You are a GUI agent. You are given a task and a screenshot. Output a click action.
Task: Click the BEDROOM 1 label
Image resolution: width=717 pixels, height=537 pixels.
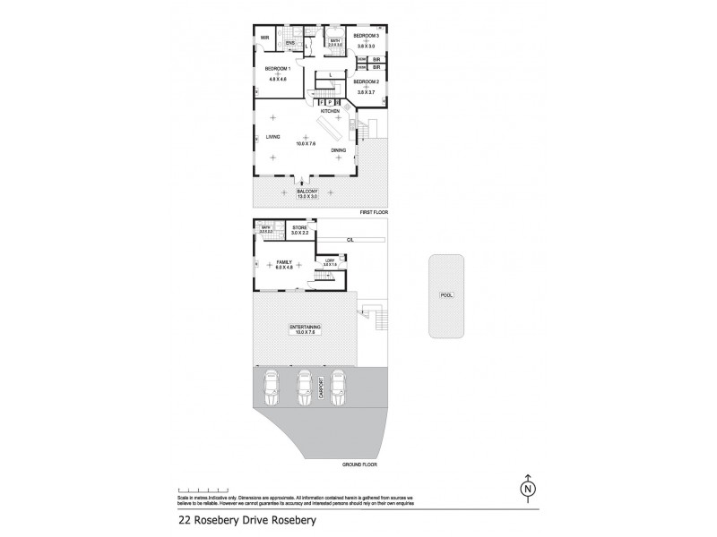point(277,68)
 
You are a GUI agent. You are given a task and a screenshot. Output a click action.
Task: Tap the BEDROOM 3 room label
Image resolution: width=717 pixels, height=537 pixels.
point(367,37)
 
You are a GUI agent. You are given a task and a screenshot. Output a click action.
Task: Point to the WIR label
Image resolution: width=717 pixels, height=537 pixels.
point(264,38)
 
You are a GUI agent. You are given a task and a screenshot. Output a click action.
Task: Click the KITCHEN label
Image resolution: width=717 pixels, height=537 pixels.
point(343,110)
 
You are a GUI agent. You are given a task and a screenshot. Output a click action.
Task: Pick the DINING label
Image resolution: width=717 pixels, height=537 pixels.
point(339,150)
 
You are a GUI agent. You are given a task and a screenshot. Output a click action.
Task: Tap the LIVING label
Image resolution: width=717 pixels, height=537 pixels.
point(272,137)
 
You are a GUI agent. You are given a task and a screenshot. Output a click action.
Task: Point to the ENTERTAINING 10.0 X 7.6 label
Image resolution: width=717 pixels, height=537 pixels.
point(307,329)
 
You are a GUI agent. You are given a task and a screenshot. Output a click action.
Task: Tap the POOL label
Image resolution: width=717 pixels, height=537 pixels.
point(445,294)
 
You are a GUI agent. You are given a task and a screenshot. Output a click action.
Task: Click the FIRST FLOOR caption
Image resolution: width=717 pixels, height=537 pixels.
point(374,211)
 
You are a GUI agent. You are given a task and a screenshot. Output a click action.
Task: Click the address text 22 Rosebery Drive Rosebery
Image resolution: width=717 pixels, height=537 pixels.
point(245,518)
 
